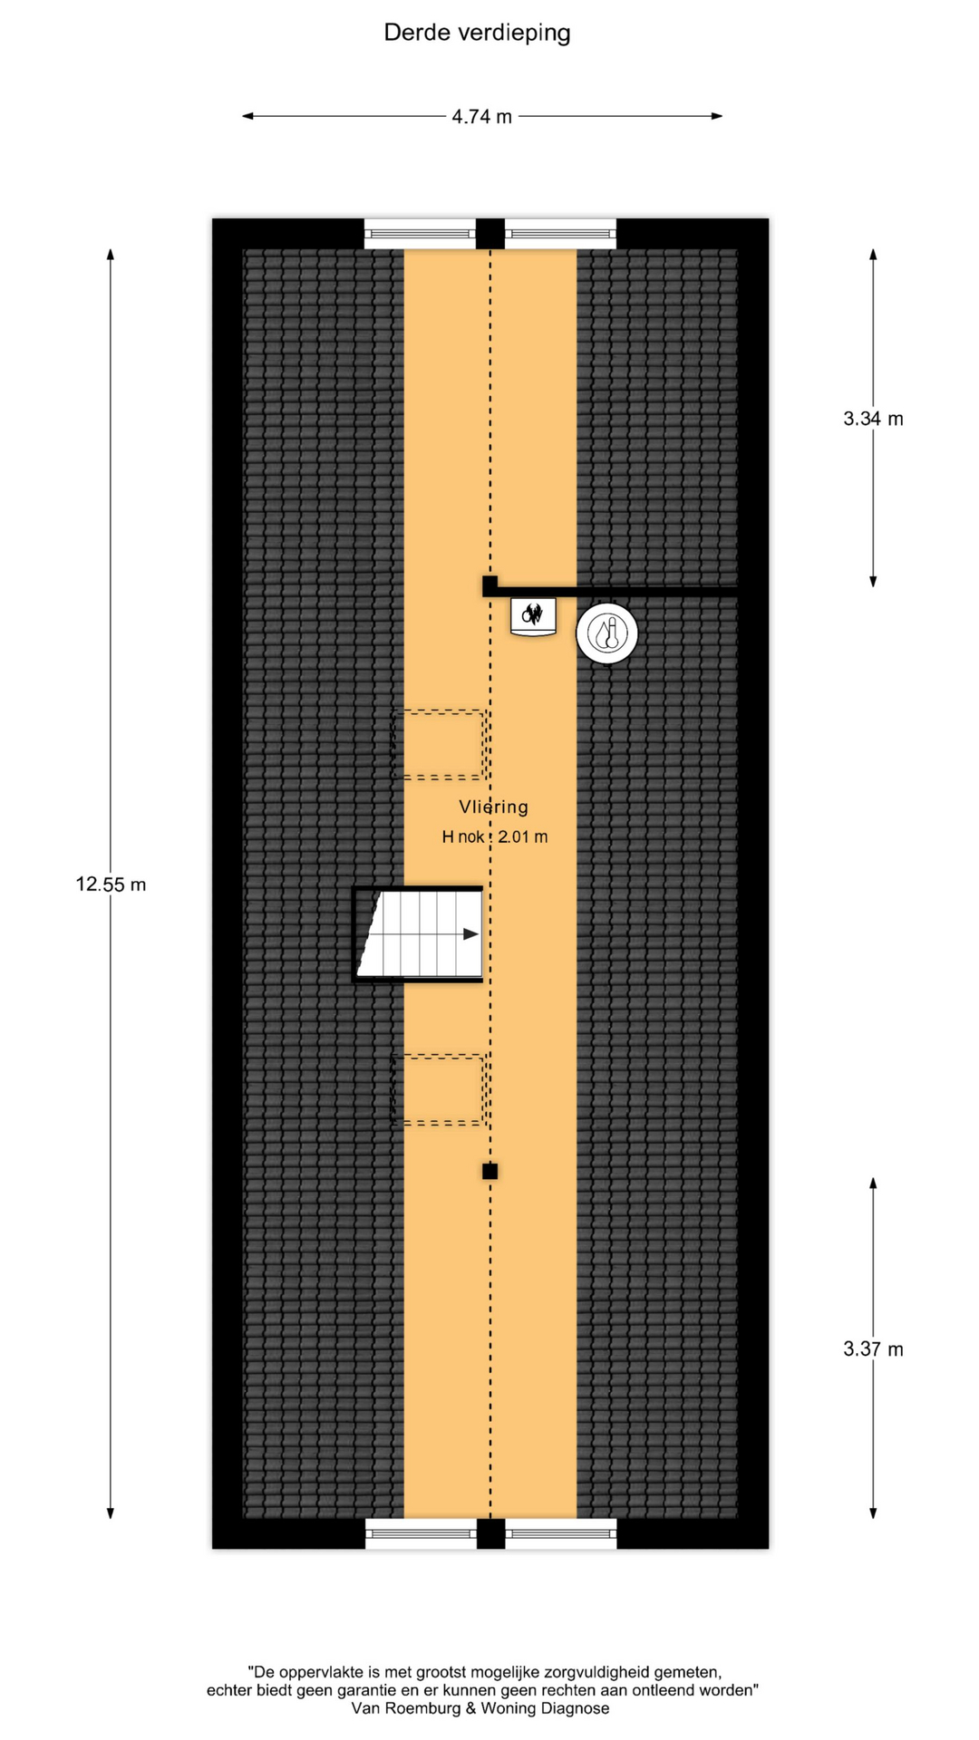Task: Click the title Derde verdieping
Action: click(x=477, y=34)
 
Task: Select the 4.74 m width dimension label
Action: click(x=481, y=117)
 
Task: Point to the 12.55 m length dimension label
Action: click(x=111, y=884)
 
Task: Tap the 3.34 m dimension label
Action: click(x=872, y=419)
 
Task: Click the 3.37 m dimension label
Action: click(x=872, y=1349)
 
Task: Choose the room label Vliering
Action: click(x=493, y=807)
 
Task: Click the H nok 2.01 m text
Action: click(x=494, y=837)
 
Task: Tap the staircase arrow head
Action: click(x=470, y=934)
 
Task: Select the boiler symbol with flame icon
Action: click(x=532, y=616)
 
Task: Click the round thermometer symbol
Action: click(x=606, y=633)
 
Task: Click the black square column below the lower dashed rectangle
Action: click(x=489, y=1172)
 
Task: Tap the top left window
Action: click(x=420, y=235)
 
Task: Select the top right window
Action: click(x=560, y=235)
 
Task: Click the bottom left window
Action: click(x=421, y=1534)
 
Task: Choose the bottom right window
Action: click(x=560, y=1534)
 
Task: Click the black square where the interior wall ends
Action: click(x=489, y=585)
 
